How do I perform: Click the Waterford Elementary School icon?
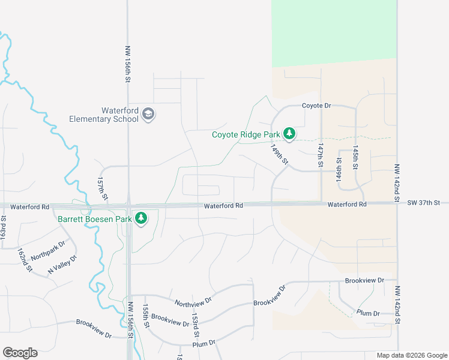click(x=149, y=114)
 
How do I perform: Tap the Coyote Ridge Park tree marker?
click(x=289, y=133)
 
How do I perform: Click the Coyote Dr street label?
click(x=316, y=106)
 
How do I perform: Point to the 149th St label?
click(x=279, y=154)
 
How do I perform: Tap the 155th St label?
click(x=145, y=315)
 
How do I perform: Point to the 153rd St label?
click(x=194, y=324)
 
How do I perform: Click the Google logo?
click(x=20, y=353)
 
